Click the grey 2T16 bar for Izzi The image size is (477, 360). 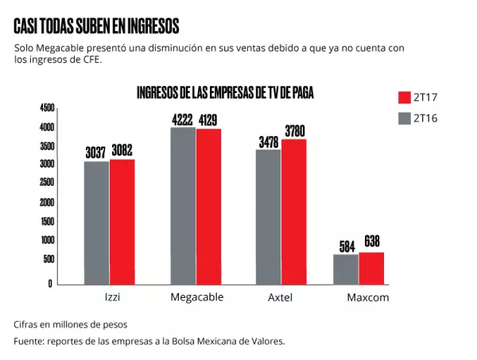tap(96, 223)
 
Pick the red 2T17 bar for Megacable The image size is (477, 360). tap(208, 206)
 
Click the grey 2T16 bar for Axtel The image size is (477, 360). tap(268, 216)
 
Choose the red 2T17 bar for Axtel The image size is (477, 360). tap(293, 211)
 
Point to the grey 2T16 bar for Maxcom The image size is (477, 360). tap(346, 269)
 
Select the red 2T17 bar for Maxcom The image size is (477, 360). tap(371, 268)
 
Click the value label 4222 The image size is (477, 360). tap(183, 119)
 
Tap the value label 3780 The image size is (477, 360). tap(293, 131)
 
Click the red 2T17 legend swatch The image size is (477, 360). tap(403, 98)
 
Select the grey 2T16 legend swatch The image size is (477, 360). tap(403, 118)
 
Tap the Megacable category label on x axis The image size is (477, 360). tap(196, 297)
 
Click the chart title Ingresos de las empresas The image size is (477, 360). tap(225, 92)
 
